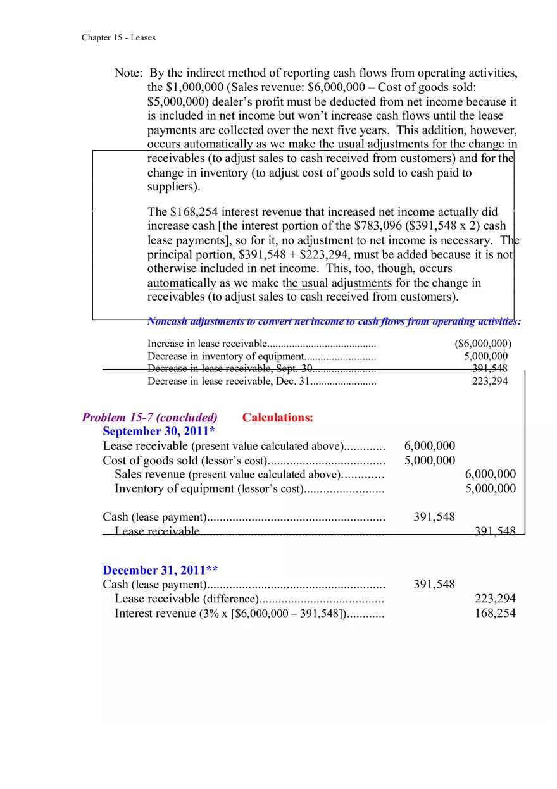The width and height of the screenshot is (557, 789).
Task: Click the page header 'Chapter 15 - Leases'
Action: [118, 37]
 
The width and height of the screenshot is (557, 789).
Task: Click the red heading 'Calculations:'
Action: [277, 417]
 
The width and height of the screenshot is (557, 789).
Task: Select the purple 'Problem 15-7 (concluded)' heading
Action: [149, 417]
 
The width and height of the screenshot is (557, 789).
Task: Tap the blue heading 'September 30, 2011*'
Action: [159, 431]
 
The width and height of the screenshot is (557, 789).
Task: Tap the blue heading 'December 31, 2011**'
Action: [160, 570]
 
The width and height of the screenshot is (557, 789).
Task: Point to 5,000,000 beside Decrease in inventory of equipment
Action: [485, 356]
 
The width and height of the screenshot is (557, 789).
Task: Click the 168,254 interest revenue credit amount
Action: [495, 612]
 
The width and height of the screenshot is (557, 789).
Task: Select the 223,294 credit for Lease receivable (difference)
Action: [495, 599]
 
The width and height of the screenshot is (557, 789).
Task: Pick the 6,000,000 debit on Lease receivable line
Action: [429, 446]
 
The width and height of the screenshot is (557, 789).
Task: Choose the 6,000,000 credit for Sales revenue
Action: [490, 474]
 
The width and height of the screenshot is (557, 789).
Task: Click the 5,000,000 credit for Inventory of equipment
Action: [490, 488]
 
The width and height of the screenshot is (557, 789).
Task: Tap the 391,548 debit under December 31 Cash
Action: [434, 584]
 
